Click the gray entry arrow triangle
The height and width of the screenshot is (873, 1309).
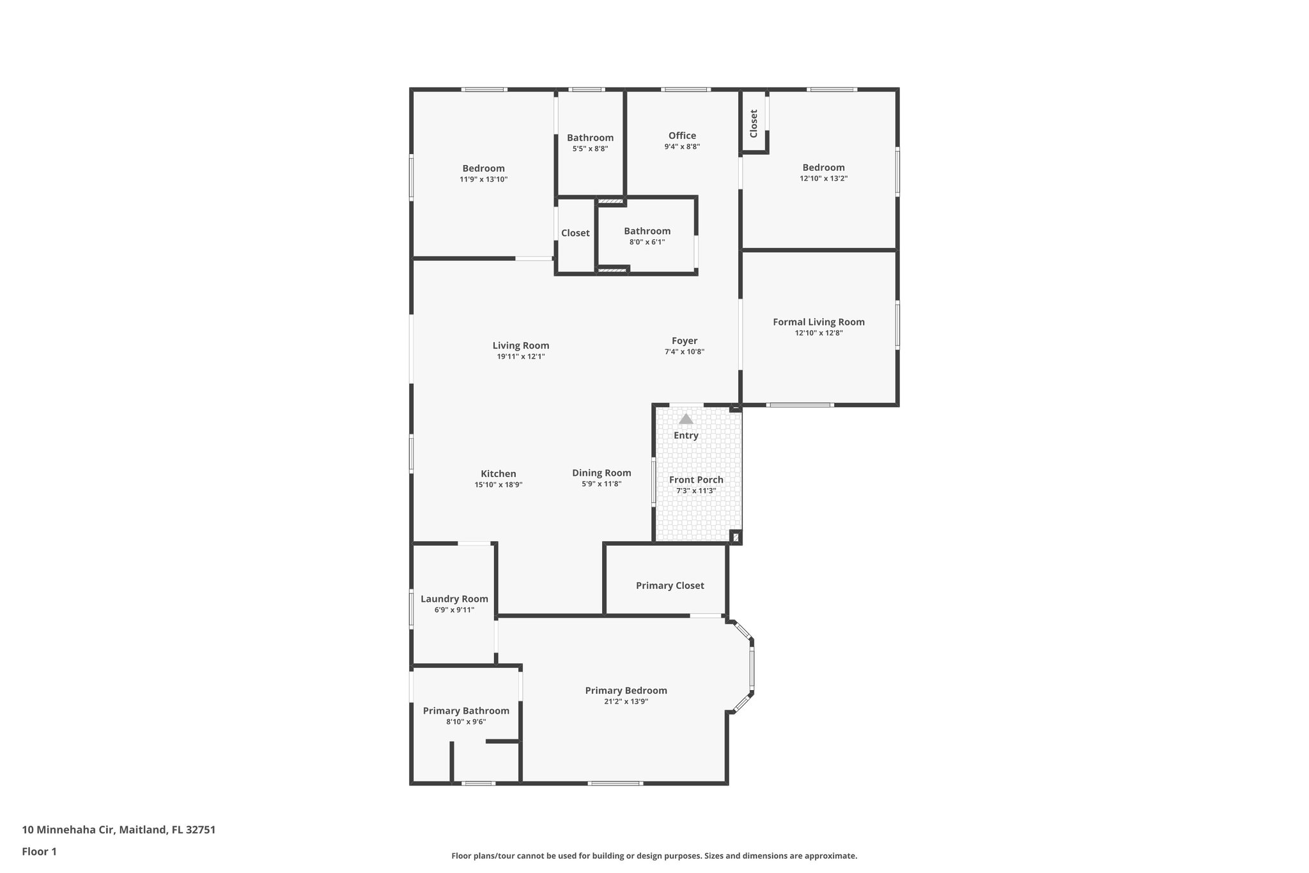click(686, 420)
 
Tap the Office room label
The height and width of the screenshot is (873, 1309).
click(682, 136)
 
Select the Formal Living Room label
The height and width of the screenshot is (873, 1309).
click(819, 322)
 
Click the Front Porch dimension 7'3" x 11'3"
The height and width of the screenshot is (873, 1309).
click(696, 491)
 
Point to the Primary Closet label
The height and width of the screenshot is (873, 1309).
click(670, 586)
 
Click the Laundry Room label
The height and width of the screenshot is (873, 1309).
click(454, 599)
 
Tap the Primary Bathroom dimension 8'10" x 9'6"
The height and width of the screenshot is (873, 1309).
click(466, 722)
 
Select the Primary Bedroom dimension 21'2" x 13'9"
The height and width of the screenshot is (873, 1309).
click(626, 702)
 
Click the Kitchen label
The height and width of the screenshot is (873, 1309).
click(499, 474)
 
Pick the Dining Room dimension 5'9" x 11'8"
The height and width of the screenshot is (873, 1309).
click(601, 484)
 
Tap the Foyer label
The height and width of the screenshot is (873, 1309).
click(685, 341)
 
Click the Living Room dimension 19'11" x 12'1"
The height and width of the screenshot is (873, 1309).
click(521, 357)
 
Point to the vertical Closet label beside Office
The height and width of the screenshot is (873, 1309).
click(754, 123)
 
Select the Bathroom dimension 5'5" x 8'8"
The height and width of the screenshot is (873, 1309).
click(590, 148)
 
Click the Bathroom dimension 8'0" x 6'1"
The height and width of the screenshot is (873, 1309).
click(647, 242)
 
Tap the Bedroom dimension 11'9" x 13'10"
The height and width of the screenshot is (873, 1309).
click(484, 180)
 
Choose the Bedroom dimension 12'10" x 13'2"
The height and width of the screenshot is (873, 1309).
click(824, 178)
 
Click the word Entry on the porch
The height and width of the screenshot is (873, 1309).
click(686, 436)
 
